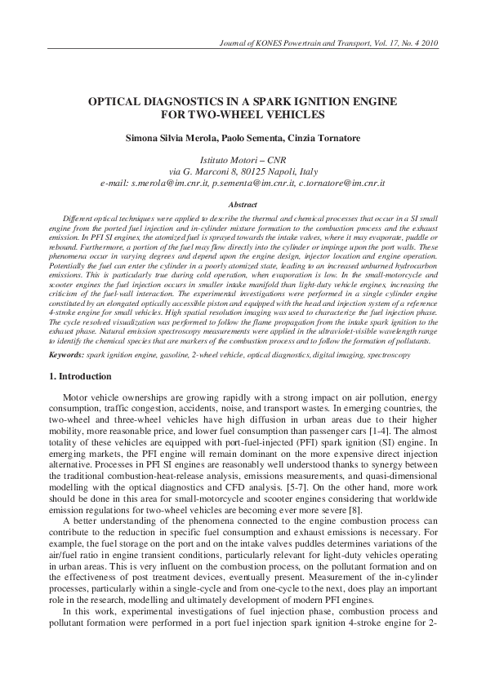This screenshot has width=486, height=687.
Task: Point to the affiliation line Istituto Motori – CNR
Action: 243,161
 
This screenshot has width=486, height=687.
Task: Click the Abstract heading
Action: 243,206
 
